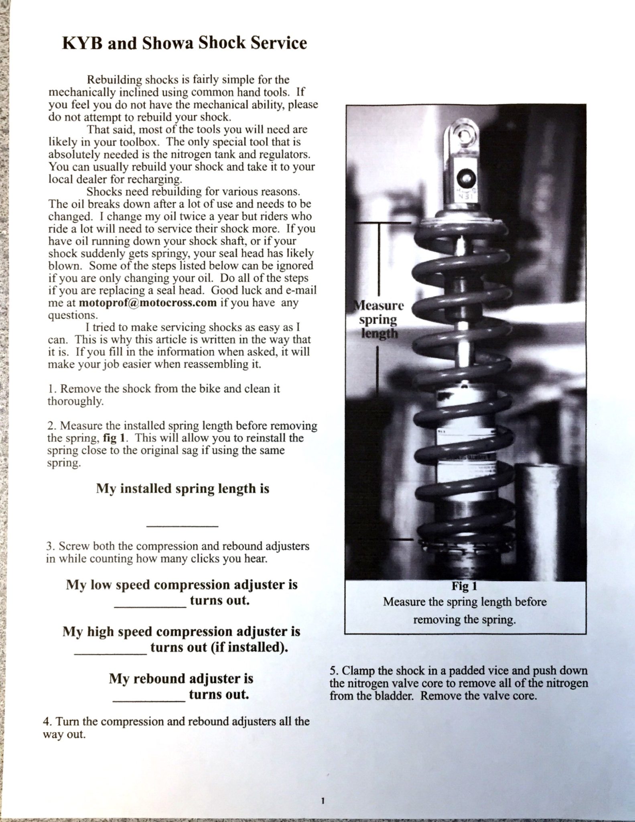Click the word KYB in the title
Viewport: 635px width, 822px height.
pos(79,43)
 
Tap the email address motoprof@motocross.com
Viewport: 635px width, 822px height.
pos(148,303)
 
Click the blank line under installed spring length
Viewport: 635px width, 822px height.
pos(183,525)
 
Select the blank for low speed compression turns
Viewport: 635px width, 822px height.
pos(150,606)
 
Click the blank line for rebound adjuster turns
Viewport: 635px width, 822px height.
pos(149,700)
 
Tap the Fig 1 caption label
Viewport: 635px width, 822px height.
pos(465,586)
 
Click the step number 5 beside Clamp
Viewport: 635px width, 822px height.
pos(333,671)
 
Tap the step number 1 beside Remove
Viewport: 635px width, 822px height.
pos(50,389)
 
